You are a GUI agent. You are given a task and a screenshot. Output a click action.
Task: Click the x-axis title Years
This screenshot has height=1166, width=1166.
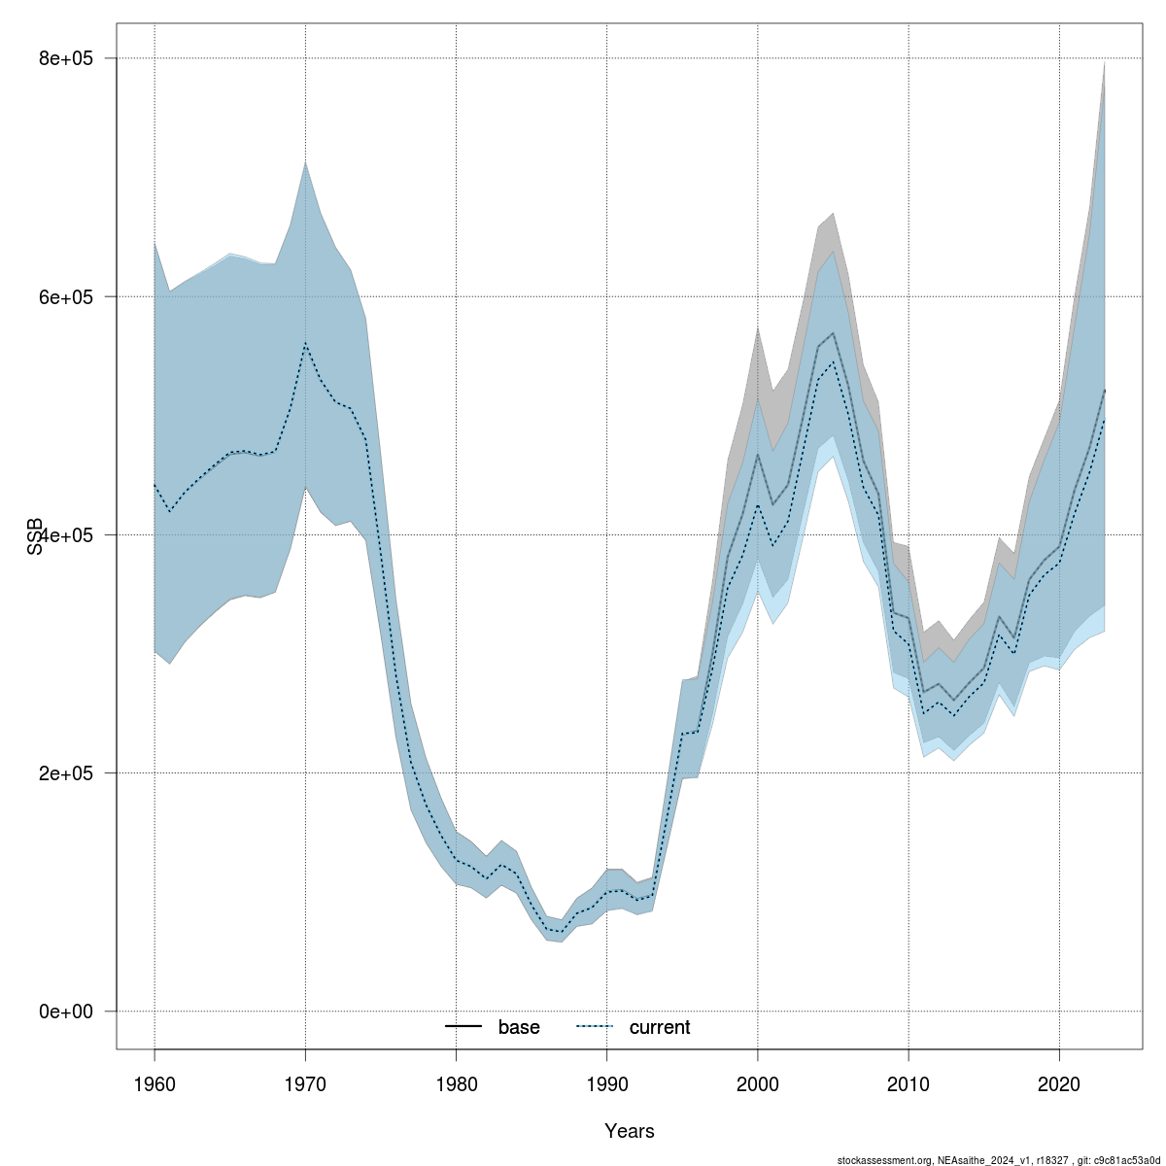pyautogui.click(x=629, y=1131)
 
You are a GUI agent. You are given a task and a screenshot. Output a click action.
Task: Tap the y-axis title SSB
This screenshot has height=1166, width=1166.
pyautogui.click(x=36, y=535)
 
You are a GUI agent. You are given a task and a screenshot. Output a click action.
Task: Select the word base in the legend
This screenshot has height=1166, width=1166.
pyautogui.click(x=519, y=1027)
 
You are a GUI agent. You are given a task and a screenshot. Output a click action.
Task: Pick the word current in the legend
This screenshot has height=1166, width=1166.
pyautogui.click(x=660, y=1027)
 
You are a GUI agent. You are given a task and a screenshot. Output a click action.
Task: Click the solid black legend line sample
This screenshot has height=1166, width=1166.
pyautogui.click(x=464, y=1027)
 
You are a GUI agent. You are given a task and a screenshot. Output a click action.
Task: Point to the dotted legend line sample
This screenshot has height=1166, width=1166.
pyautogui.click(x=596, y=1027)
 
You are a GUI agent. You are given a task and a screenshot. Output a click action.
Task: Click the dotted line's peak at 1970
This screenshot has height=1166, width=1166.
pyautogui.click(x=305, y=344)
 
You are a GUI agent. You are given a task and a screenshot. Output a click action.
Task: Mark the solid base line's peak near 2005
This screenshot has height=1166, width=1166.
pyautogui.click(x=833, y=333)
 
